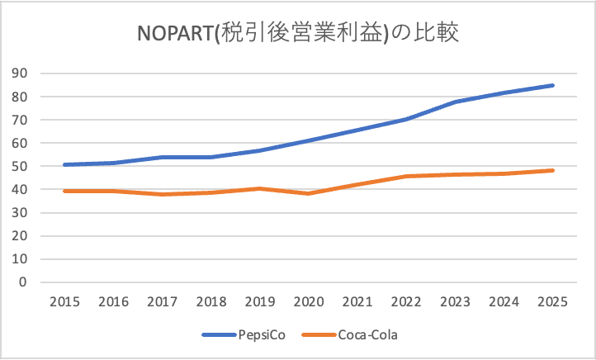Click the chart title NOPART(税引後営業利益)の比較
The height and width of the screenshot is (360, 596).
pos(298,34)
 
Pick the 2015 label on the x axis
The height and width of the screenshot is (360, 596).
pos(64,301)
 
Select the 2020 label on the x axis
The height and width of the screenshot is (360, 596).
pos(309,301)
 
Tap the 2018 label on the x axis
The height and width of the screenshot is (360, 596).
pos(210,301)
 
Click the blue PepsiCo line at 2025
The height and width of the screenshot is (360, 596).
pos(553,85)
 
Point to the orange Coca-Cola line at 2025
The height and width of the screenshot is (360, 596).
pos(553,171)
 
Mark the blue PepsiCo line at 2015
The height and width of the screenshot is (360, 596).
pos(64,164)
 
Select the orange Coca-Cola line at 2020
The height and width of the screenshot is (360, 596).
pos(309,193)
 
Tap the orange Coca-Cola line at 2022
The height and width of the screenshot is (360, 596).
pos(406,176)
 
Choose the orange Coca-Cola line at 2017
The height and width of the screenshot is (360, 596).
pos(162,194)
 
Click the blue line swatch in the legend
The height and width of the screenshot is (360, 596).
pos(220,335)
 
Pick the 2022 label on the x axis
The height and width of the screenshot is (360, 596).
pos(406,301)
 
